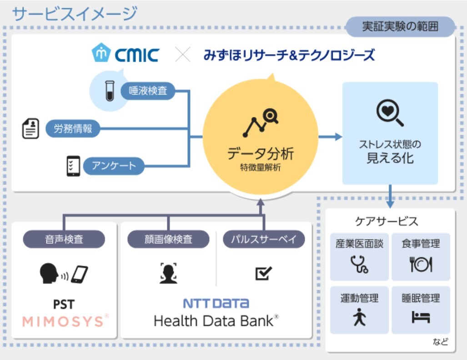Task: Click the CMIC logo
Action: click(x=125, y=54)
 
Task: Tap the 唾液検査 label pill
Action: click(x=148, y=91)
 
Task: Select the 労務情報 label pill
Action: click(x=73, y=129)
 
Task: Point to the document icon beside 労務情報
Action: click(x=30, y=129)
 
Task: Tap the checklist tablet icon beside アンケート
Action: click(x=73, y=166)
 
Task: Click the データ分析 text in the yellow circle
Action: click(x=261, y=153)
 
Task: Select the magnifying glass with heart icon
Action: click(x=390, y=112)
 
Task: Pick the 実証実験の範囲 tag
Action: click(x=400, y=26)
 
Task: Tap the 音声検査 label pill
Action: click(x=64, y=239)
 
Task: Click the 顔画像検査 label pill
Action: click(x=169, y=239)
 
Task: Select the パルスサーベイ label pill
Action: click(x=264, y=239)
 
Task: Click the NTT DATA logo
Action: click(x=216, y=303)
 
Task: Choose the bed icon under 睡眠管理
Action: click(x=421, y=317)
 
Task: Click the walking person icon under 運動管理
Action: click(x=359, y=317)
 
